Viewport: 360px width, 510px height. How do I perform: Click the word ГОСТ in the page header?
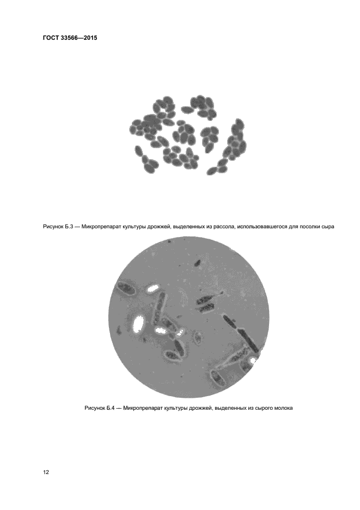(x=51, y=38)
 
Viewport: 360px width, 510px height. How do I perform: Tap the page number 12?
(x=46, y=472)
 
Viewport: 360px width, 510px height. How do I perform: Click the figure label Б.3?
(x=69, y=226)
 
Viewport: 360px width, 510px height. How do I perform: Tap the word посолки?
(x=308, y=226)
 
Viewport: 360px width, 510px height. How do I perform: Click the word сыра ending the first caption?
(x=327, y=227)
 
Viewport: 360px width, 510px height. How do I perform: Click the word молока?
(x=283, y=408)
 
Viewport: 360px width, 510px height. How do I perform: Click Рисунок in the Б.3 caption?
(x=53, y=227)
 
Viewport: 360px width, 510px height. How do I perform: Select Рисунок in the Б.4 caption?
(x=95, y=408)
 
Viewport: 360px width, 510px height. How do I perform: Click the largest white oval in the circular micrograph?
(x=138, y=324)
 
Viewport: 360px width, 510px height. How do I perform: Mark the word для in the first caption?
(x=292, y=227)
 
